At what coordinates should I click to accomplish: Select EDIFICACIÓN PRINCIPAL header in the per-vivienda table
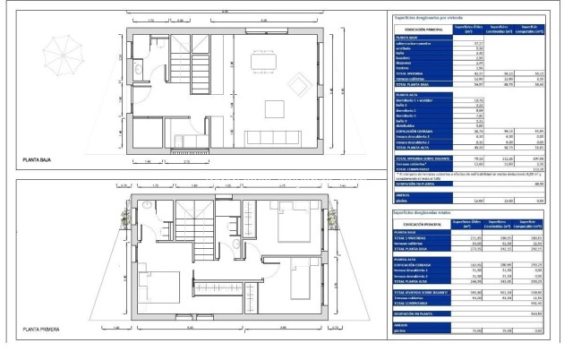click(x=418, y=30)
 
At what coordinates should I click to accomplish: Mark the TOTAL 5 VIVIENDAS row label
click(x=414, y=237)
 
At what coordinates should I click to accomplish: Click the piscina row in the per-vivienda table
click(x=401, y=199)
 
